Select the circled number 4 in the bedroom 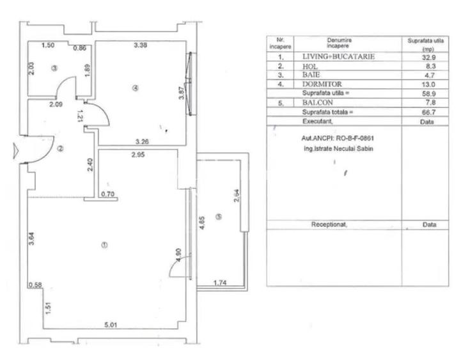coord(135,88)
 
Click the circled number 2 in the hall coord(60,149)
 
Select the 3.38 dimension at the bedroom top coord(141,45)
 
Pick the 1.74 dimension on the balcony coord(219,282)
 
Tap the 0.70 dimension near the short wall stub coord(108,194)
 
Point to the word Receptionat coord(329,224)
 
